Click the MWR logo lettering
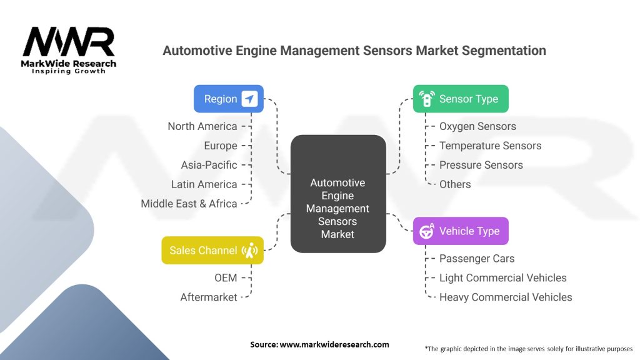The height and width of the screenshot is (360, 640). (69, 42)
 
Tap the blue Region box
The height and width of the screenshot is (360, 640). (229, 99)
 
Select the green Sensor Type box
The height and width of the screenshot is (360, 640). (461, 99)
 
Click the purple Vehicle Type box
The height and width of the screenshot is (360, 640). (461, 231)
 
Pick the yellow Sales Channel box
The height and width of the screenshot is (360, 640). (212, 250)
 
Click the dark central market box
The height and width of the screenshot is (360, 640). (338, 194)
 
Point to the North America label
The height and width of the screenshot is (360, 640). (202, 126)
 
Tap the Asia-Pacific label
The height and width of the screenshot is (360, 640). (209, 165)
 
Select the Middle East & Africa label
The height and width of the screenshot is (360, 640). (189, 204)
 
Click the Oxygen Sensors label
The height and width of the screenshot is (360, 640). (477, 126)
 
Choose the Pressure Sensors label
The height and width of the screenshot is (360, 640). (481, 165)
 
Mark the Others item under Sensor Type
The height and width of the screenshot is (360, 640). (455, 184)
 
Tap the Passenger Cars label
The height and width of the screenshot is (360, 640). (477, 259)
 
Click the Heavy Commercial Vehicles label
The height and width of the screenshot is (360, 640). (506, 297)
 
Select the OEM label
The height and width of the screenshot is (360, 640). (226, 278)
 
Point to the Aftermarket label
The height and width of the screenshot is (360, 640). (209, 297)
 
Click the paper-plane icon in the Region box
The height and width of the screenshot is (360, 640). (249, 99)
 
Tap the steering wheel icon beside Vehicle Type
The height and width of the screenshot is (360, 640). (426, 231)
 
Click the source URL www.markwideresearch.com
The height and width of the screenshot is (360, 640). (334, 344)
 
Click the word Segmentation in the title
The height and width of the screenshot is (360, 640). (504, 51)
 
